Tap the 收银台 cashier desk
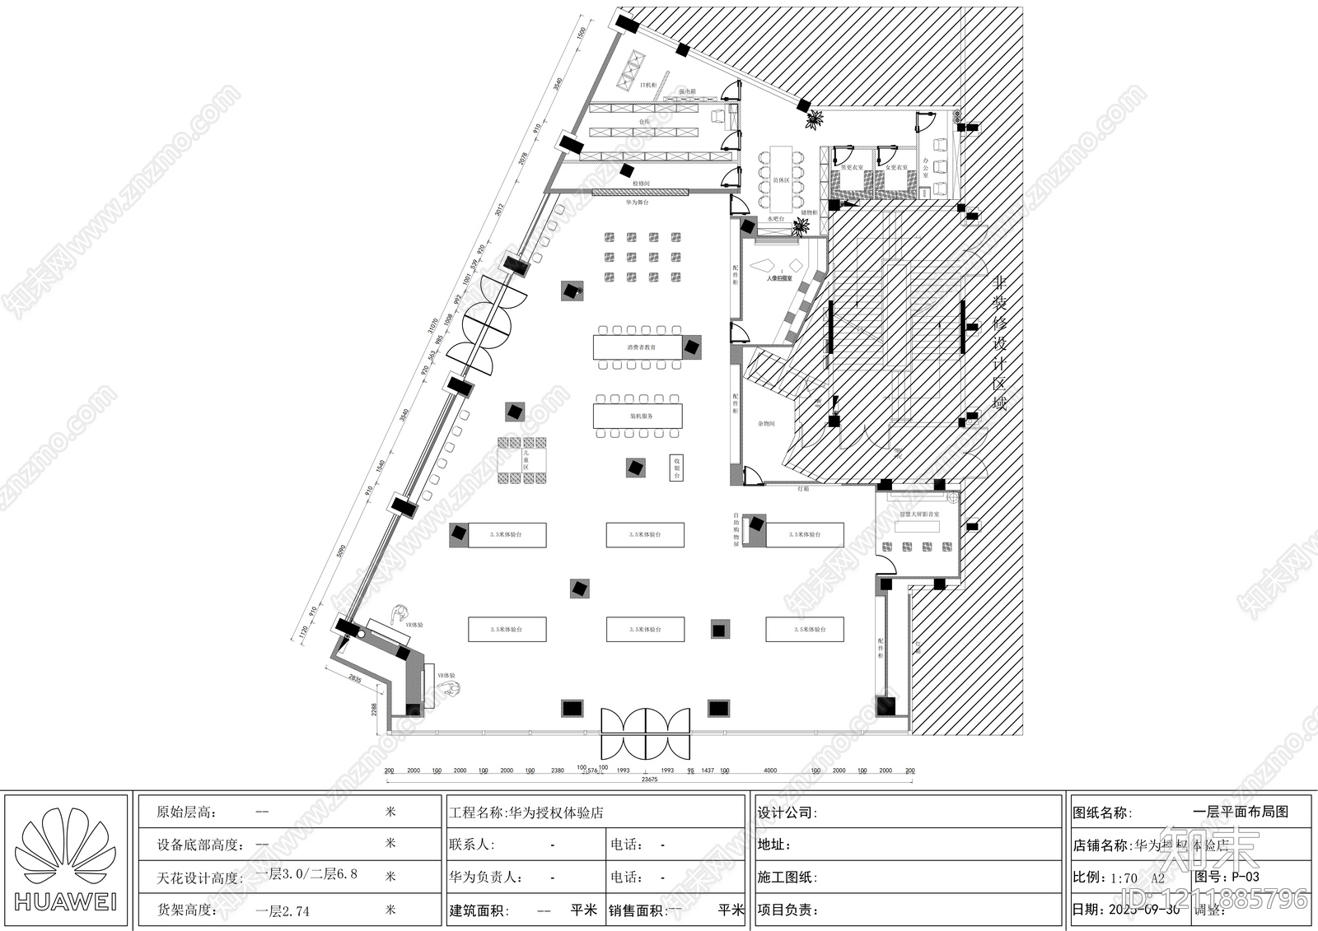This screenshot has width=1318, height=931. click(676, 468)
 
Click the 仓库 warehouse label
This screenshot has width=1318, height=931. click(644, 121)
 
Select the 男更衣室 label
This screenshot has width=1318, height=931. click(852, 168)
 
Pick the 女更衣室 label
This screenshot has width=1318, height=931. click(896, 168)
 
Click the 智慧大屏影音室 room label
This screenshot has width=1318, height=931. click(918, 514)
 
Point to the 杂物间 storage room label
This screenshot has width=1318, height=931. click(766, 424)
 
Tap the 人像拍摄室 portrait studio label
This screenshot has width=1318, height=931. click(778, 278)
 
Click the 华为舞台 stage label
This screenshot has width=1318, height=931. click(637, 202)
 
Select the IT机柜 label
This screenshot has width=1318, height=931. click(648, 85)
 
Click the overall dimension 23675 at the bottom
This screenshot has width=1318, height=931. click(649, 780)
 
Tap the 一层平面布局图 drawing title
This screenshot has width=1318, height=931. click(1240, 812)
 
